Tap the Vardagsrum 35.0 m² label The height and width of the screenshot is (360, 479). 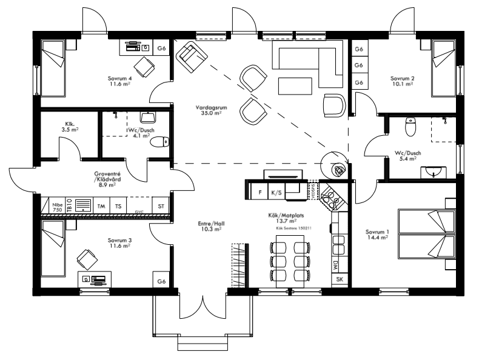pyautogui.click(x=208, y=110)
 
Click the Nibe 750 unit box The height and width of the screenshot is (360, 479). pyautogui.click(x=57, y=206)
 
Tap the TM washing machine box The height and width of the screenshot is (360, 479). pyautogui.click(x=101, y=206)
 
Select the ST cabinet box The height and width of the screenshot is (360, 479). pyautogui.click(x=161, y=206)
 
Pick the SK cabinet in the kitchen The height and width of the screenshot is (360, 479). pyautogui.click(x=339, y=280)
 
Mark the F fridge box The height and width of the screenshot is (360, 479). pyautogui.click(x=260, y=193)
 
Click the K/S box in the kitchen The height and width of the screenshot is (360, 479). pyautogui.click(x=276, y=193)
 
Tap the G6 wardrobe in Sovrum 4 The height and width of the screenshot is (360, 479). pyautogui.click(x=161, y=48)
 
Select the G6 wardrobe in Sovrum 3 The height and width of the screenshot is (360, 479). pyautogui.click(x=161, y=281)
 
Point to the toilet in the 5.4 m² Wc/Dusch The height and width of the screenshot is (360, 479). pyautogui.click(x=410, y=127)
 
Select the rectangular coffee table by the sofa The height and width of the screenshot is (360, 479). pyautogui.click(x=294, y=86)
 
